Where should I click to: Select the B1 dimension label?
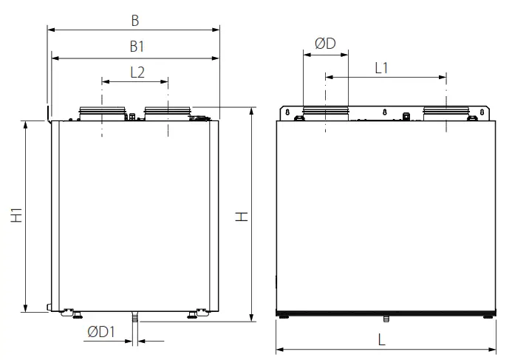click(136, 47)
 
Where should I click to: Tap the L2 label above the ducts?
click(137, 72)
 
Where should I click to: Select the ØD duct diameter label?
click(325, 44)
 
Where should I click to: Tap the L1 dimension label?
click(382, 68)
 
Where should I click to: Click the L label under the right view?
click(382, 340)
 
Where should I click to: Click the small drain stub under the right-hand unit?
click(385, 319)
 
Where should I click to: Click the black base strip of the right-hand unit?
click(385, 313)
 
